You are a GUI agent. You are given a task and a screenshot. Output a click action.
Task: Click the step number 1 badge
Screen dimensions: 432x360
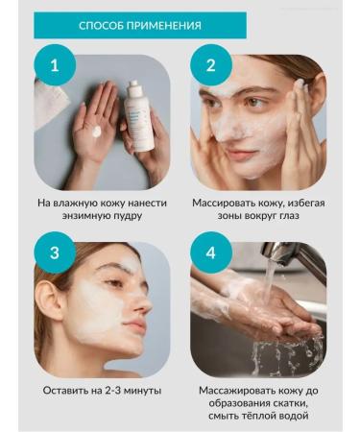pos(55,65)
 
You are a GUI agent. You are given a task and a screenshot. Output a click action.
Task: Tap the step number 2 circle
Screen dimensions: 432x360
pos(211,65)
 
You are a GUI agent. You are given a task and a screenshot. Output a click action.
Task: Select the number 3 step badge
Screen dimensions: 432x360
pos(55,253)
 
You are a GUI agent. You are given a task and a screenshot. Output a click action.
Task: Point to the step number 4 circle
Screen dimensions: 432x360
pos(211,253)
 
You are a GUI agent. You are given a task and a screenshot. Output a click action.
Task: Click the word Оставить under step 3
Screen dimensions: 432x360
pos(70,391)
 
